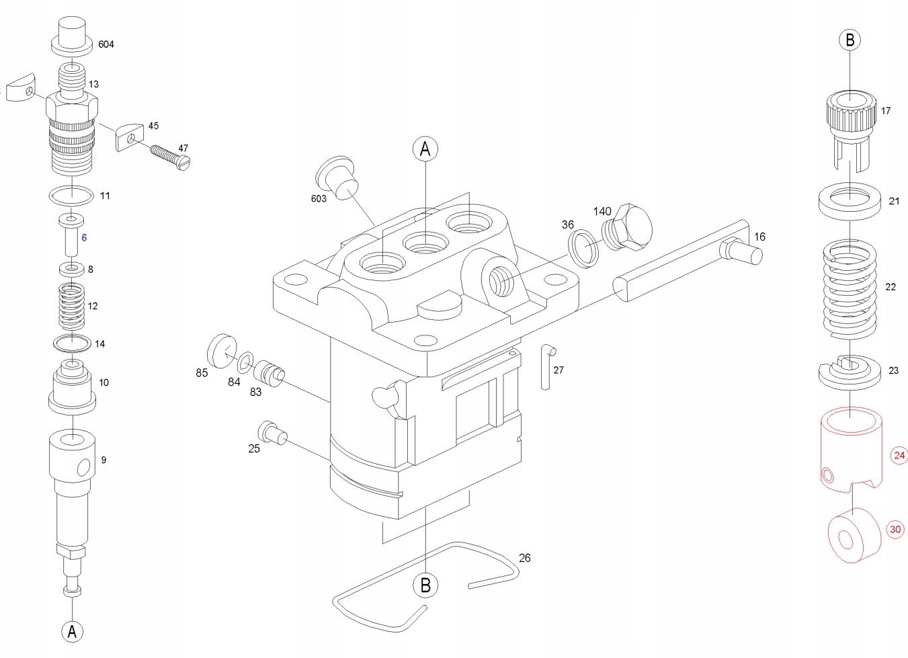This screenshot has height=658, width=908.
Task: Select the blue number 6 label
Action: point(84,238)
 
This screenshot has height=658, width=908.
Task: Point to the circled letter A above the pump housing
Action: point(425,149)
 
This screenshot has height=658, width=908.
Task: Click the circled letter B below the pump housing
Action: point(425,585)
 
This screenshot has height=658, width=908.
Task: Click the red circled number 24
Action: point(899,456)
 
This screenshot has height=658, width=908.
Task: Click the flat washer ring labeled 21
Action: point(850,200)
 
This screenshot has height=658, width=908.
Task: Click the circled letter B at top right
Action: point(850,40)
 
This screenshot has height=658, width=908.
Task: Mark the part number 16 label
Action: point(759,237)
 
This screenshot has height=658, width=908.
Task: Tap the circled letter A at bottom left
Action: point(73,631)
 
